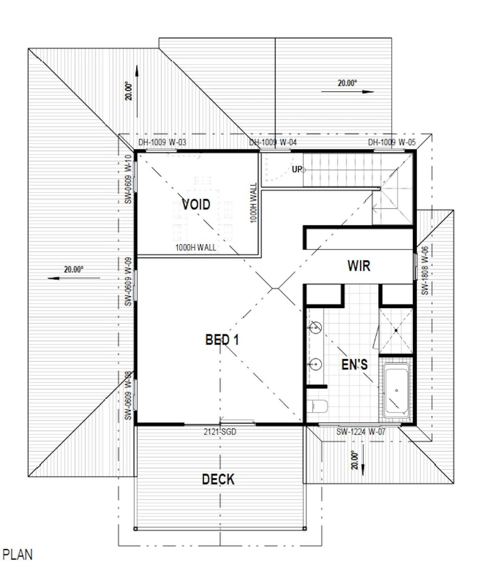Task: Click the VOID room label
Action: coord(196,204)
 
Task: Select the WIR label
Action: coord(359,266)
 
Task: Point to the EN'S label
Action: coord(354,365)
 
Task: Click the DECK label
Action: coord(218,479)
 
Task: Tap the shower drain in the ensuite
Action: coord(396,330)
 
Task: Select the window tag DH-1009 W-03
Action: coord(162,142)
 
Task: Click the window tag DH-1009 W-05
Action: coord(392,142)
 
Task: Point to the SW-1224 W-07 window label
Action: coord(361,432)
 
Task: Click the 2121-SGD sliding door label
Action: coord(220,432)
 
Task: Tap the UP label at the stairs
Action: coord(297,169)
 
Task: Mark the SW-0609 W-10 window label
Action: coord(128,179)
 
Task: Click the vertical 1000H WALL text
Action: coord(253,203)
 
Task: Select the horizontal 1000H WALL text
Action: coord(196,247)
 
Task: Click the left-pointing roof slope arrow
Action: coord(74,278)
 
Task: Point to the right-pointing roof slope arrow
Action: coord(348,92)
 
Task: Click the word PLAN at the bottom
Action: coord(17,555)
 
